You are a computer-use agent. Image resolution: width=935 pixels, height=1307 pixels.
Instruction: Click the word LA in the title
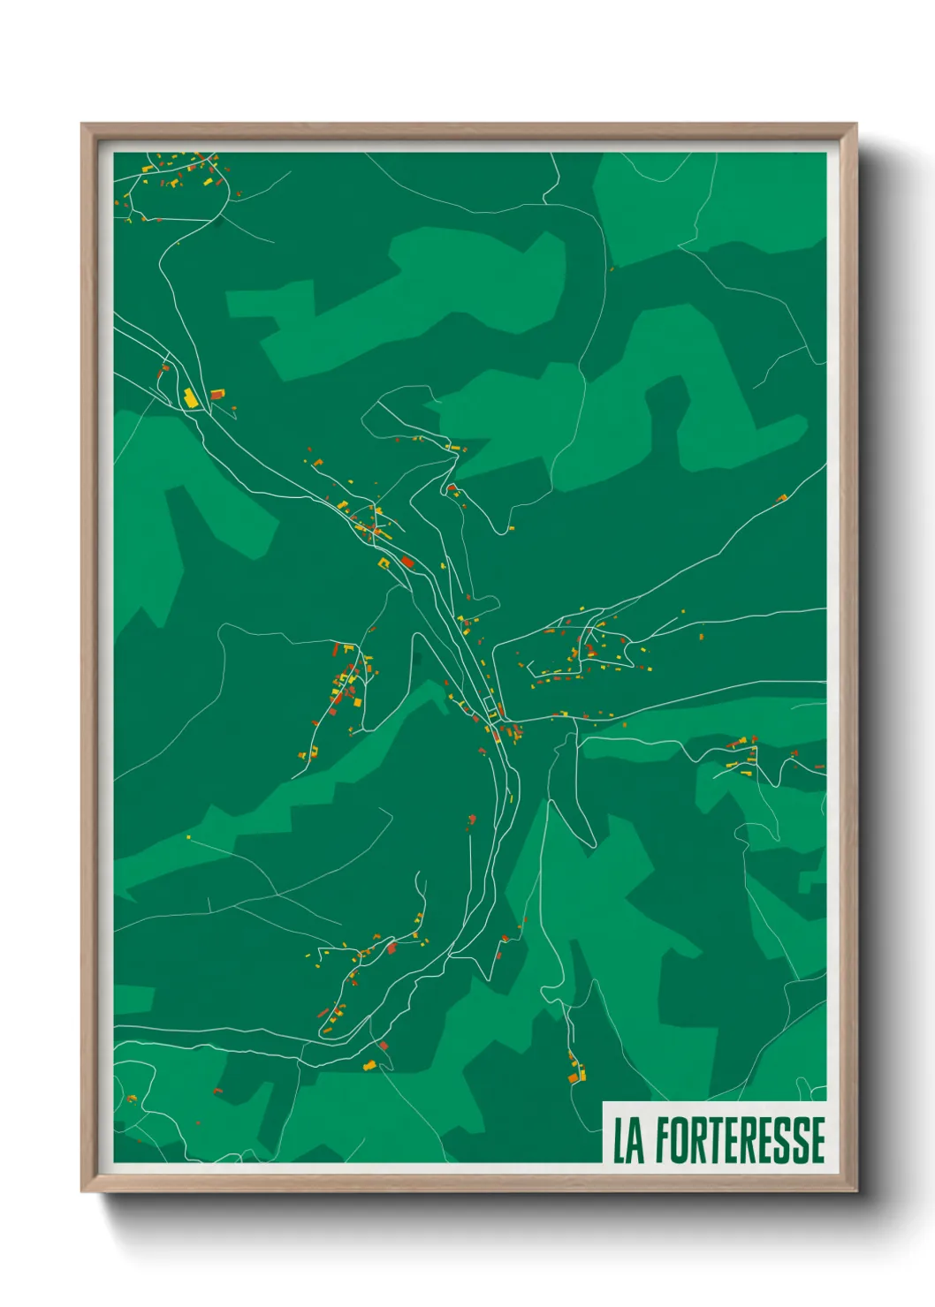[x=628, y=1140]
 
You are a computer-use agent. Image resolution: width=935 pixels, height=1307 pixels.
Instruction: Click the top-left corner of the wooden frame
[x=83, y=125]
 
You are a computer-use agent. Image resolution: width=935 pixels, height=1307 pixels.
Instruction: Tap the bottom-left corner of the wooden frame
[x=83, y=1190]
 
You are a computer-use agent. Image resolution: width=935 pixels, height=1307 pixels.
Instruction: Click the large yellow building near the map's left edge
[x=189, y=397]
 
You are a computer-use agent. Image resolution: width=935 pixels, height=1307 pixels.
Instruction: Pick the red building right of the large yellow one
[x=217, y=394]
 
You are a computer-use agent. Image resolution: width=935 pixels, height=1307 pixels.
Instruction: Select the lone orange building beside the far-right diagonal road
[x=781, y=499]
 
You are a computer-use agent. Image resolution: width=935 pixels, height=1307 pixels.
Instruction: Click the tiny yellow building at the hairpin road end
[x=510, y=529]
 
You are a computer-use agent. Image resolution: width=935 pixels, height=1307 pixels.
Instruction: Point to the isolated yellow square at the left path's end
[x=189, y=836]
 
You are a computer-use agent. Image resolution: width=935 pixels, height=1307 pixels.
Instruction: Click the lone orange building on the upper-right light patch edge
[x=611, y=269]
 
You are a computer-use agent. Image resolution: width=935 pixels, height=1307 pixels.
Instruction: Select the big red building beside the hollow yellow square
[x=407, y=562]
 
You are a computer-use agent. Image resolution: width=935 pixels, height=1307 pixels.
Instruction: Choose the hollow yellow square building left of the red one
[x=384, y=562]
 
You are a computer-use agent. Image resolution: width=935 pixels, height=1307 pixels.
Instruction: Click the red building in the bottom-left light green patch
[x=217, y=1092]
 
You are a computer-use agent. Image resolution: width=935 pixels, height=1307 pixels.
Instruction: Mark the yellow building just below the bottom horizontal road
[x=370, y=1066]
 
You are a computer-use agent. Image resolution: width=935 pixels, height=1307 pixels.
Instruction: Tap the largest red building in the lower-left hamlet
[x=391, y=948]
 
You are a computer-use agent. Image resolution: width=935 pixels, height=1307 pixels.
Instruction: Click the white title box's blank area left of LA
[x=609, y=1140]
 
